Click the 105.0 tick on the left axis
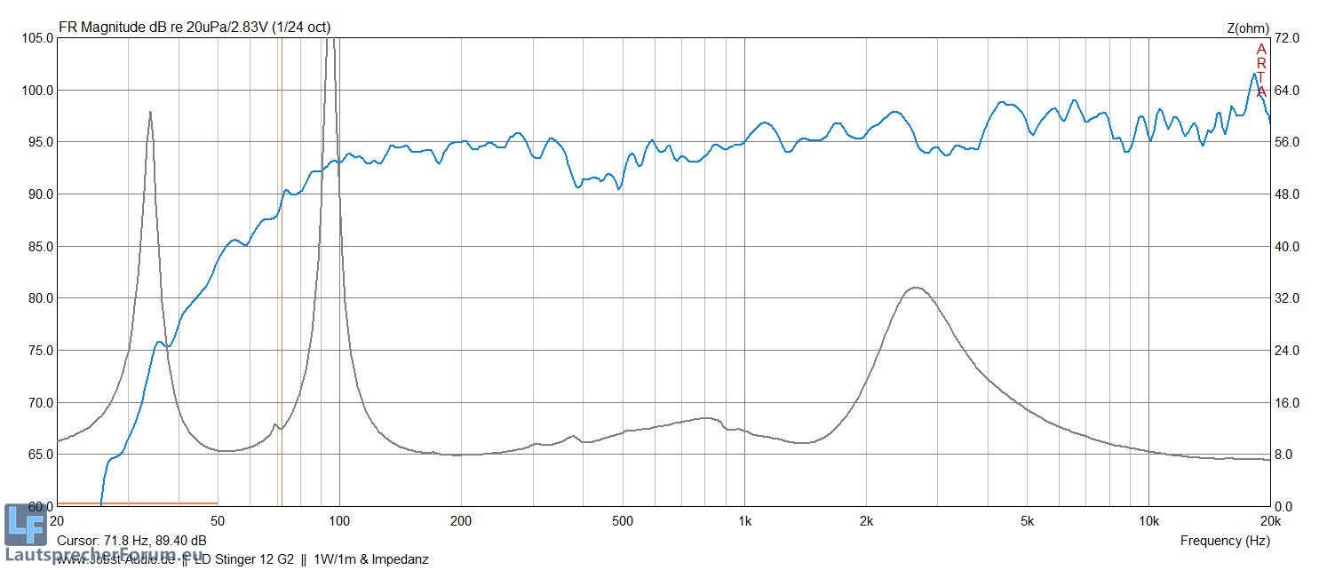point(37,38)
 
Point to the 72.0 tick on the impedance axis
point(1287,38)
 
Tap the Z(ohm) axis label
point(1248,28)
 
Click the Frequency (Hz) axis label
point(1225,541)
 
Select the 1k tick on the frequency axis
point(744,519)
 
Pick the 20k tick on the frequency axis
point(1270,519)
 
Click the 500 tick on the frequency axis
point(622,519)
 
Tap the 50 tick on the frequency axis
point(218,519)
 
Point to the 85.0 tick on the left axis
point(37,246)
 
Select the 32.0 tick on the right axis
point(1287,298)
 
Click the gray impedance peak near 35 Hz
point(150,113)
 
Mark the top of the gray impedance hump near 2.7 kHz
point(915,288)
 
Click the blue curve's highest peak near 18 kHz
point(1254,74)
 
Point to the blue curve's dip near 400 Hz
point(578,187)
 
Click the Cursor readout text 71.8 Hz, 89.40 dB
point(131,541)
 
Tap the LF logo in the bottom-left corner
point(25,525)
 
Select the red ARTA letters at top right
point(1261,70)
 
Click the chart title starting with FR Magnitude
point(195,28)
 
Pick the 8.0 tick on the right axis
point(1287,455)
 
